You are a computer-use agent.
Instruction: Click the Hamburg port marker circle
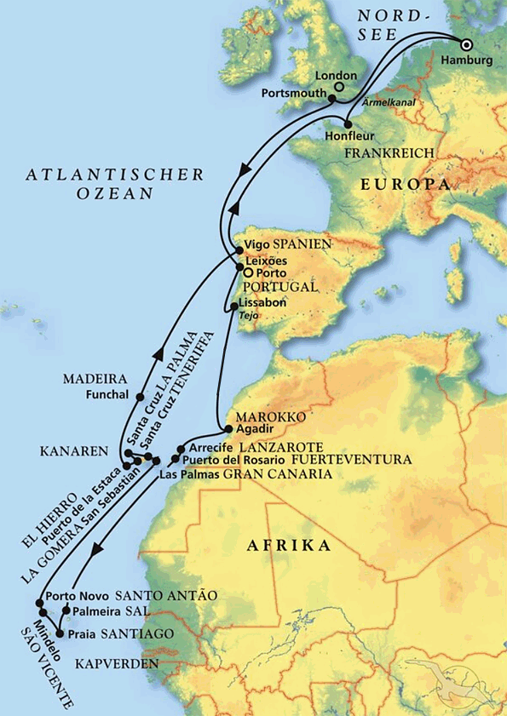(x=467, y=45)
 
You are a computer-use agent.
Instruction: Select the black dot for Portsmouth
(x=332, y=98)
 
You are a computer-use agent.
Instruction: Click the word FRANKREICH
(x=389, y=152)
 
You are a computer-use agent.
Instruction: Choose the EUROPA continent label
(x=405, y=184)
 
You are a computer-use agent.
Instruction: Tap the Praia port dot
(x=60, y=635)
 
